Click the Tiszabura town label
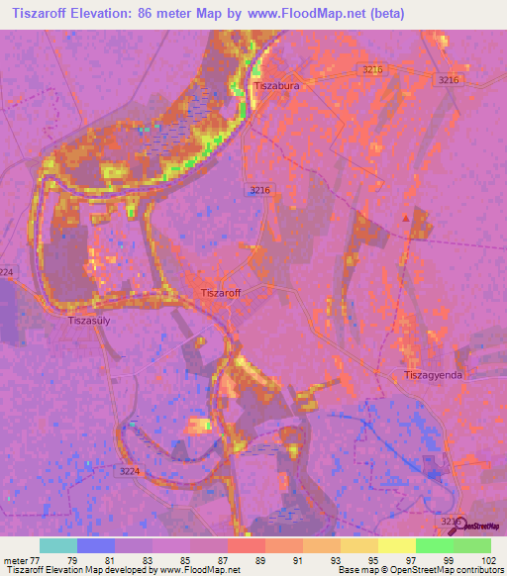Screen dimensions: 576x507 coord(276,86)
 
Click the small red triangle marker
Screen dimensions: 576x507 coord(404,217)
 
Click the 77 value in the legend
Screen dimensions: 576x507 coord(37,560)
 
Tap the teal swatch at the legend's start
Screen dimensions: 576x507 coord(58,545)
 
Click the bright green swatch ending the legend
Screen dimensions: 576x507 coord(471,545)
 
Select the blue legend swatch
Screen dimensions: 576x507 coord(96,545)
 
